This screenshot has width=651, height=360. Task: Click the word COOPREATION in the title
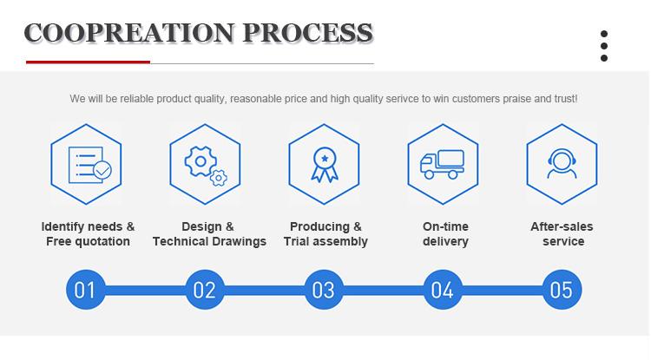(x=129, y=33)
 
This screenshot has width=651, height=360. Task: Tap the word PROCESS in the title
(x=307, y=33)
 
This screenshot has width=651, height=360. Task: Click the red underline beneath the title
(x=88, y=62)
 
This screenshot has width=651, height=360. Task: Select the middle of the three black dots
(x=604, y=46)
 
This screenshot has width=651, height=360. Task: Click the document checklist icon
(x=89, y=165)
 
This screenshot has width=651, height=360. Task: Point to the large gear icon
(x=201, y=161)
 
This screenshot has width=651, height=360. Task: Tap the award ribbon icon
(x=325, y=165)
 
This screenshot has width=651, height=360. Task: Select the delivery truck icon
(x=442, y=164)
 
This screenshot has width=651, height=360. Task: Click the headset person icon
(x=562, y=163)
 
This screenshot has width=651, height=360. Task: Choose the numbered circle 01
(x=86, y=290)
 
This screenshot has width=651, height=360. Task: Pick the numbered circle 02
(x=205, y=290)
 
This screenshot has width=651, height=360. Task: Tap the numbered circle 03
(x=324, y=290)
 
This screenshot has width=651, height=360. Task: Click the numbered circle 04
(x=443, y=290)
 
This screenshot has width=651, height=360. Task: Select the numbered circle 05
(x=562, y=290)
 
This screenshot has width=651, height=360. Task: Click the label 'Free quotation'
(x=88, y=241)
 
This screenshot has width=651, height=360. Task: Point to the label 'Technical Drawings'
(x=209, y=241)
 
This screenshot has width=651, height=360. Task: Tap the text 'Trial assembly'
(x=325, y=241)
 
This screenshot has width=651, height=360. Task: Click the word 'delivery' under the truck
(x=445, y=241)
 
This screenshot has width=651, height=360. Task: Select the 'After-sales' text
(x=562, y=226)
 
